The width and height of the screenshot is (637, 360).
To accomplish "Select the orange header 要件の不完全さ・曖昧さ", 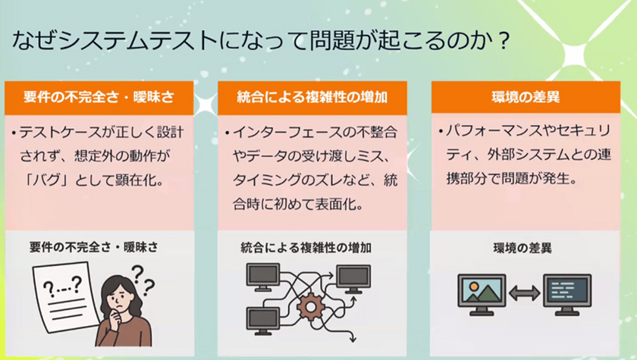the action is tap(99, 98).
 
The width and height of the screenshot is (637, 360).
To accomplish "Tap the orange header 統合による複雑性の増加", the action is tap(312, 98).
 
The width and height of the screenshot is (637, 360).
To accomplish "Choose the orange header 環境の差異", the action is tap(526, 98).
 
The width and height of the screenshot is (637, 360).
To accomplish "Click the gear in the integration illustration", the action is tap(311, 307).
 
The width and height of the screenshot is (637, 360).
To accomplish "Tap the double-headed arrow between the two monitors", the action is tap(525, 293).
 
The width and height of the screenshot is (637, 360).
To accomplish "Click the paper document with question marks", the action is tap(66, 297).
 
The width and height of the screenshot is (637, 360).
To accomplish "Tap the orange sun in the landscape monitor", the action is tap(474, 286).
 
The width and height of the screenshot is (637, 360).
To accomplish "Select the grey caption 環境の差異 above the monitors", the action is tap(522, 248).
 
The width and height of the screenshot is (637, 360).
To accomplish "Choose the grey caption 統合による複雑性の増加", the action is tap(306, 248).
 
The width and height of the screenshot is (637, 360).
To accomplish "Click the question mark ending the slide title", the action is tap(504, 41).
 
